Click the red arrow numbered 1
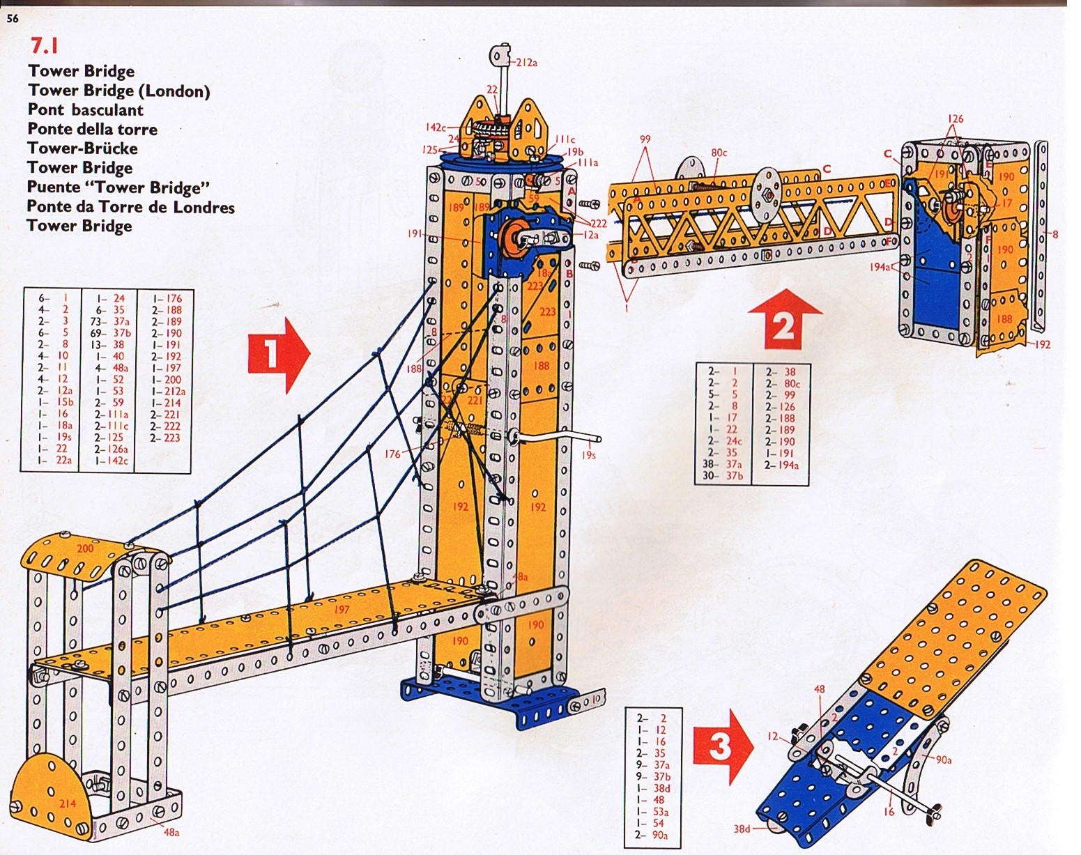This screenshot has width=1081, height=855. coord(277,354)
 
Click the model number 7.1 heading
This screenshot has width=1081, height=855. coord(44,46)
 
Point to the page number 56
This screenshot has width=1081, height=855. coord(13,19)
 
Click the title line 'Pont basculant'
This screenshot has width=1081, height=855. coord(85,110)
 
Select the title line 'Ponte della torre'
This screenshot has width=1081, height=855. coord(92,130)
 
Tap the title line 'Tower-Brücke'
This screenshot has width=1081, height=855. coord(82,148)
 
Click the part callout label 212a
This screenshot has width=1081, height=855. coord(526,63)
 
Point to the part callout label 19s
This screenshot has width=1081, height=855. coord(589,455)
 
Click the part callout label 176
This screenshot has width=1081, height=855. coord(392,454)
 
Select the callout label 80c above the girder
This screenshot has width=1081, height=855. coord(719,153)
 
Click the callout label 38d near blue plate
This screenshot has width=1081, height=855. coord(742,829)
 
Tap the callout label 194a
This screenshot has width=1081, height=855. coord(880,267)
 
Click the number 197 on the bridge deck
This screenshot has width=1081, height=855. coord(342,610)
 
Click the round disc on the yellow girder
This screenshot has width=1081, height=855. coord(769,190)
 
